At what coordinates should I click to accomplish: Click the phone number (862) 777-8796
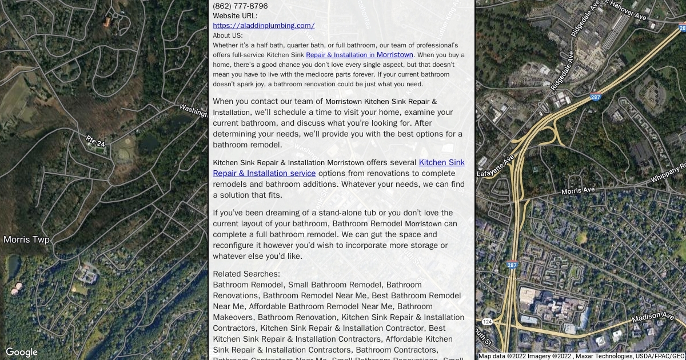240,6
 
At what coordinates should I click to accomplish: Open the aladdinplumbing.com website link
264,26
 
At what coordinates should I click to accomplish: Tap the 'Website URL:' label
235,16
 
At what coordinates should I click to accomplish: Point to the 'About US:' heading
228,35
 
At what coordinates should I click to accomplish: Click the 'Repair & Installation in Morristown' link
359,55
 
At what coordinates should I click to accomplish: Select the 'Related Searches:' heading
246,274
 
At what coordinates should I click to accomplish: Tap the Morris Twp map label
26,239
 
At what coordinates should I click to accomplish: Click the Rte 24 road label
95,141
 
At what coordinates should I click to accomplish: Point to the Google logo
21,352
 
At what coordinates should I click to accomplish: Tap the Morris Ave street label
578,190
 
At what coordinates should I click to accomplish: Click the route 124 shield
486,322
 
